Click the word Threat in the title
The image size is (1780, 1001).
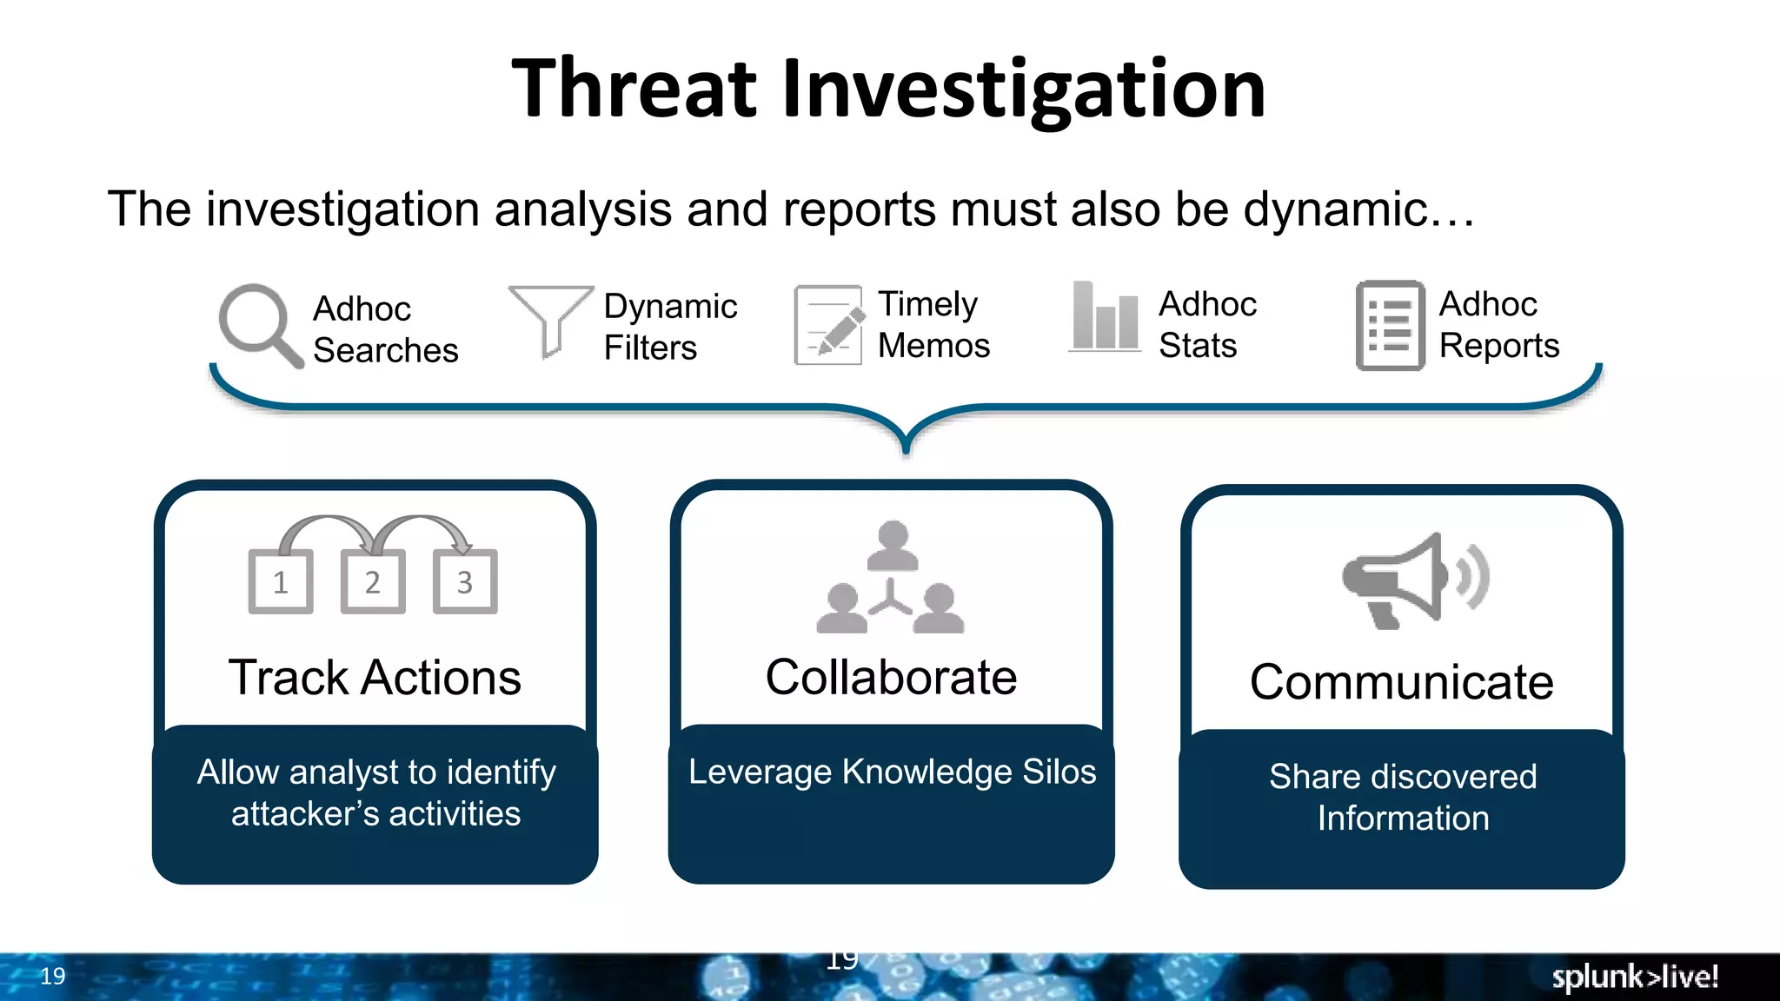pos(634,89)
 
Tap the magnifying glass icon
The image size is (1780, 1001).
pos(258,325)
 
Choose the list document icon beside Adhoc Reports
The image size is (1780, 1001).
pos(1390,325)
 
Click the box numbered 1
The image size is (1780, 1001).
pos(280,581)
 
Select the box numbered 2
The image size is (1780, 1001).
pos(372,581)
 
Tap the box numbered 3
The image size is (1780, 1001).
pos(465,581)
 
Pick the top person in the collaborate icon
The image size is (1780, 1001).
pos(893,545)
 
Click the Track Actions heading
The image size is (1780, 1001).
pos(375,678)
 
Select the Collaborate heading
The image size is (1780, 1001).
pos(891,678)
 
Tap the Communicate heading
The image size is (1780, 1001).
pos(1401,682)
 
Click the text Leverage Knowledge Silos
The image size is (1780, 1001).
pos(892,772)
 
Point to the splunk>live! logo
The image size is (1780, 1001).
pos(1635,977)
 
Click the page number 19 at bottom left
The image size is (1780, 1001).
pos(52,976)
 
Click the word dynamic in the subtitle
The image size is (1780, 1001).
pos(1336,209)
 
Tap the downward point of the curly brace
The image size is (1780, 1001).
pos(906,447)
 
